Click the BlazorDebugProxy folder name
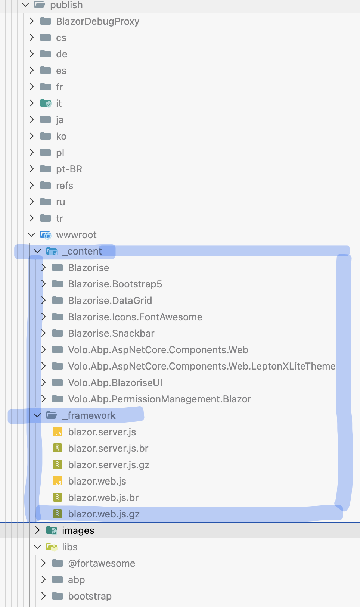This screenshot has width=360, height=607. coord(97,21)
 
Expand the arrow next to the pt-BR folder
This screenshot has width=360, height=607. coord(32,169)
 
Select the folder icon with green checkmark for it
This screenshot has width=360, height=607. coord(46,103)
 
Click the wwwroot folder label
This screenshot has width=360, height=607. coord(76,235)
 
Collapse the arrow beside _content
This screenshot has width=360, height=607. coord(37,251)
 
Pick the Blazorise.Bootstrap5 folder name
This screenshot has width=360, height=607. coord(115,284)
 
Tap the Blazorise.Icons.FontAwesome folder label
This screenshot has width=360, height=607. coord(135,317)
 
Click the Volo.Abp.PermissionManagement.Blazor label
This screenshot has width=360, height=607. coord(159,399)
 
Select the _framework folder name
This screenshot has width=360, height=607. coord(89,415)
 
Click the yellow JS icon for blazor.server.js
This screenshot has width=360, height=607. coord(58,432)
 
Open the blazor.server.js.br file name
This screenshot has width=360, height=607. coord(108,448)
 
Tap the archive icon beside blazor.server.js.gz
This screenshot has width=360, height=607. coord(58,465)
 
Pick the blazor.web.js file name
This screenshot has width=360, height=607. coord(97,481)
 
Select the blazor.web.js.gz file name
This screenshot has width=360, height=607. coord(104,514)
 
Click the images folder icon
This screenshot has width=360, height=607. coord(52,530)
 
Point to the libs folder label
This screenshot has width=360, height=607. coord(70,547)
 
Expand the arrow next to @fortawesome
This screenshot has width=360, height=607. coord(43,563)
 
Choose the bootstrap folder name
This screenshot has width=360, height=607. coord(90,596)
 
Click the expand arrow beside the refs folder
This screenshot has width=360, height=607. coord(32,186)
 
